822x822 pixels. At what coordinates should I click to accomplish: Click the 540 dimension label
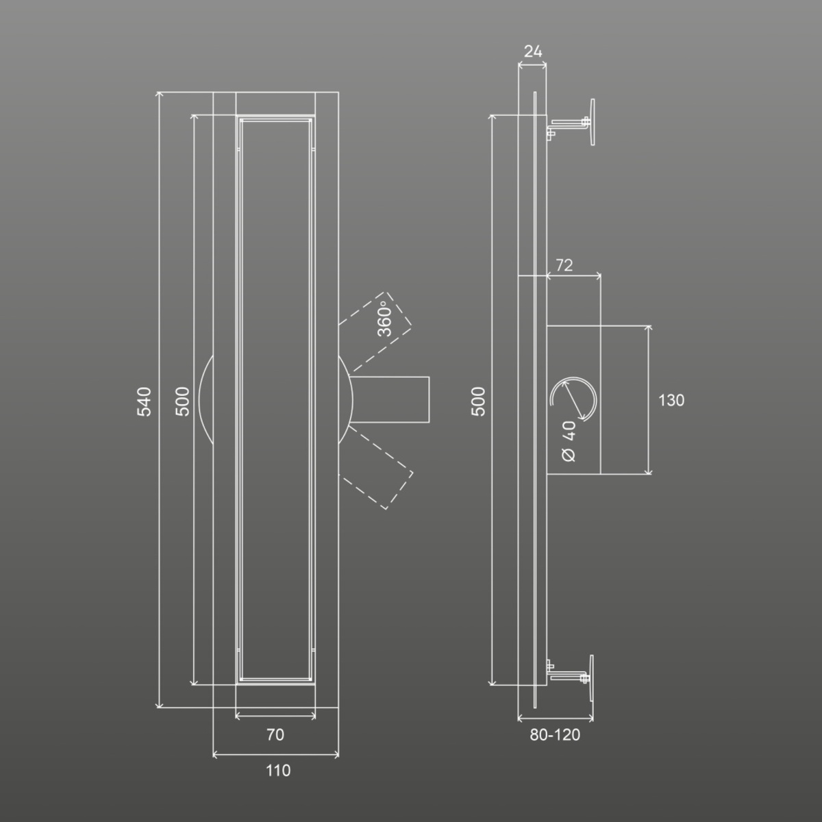(x=144, y=402)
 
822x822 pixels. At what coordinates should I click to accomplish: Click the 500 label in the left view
(x=182, y=402)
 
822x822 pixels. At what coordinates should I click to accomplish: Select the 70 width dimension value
(x=275, y=734)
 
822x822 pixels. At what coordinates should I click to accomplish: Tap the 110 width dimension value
(x=278, y=771)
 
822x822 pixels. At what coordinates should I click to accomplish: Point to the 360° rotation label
(x=384, y=319)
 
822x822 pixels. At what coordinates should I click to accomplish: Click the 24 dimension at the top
(x=533, y=51)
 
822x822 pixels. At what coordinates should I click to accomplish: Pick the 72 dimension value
(x=564, y=265)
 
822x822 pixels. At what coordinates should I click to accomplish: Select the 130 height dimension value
(x=671, y=400)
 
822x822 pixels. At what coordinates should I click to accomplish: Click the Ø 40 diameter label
(x=569, y=441)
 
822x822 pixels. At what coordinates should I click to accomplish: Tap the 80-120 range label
(x=555, y=734)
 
